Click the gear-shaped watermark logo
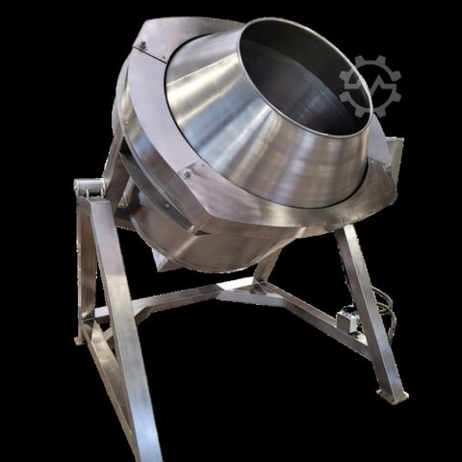[x=370, y=86]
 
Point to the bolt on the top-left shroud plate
[x=141, y=44]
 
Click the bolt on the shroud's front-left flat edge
[x=187, y=173]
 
